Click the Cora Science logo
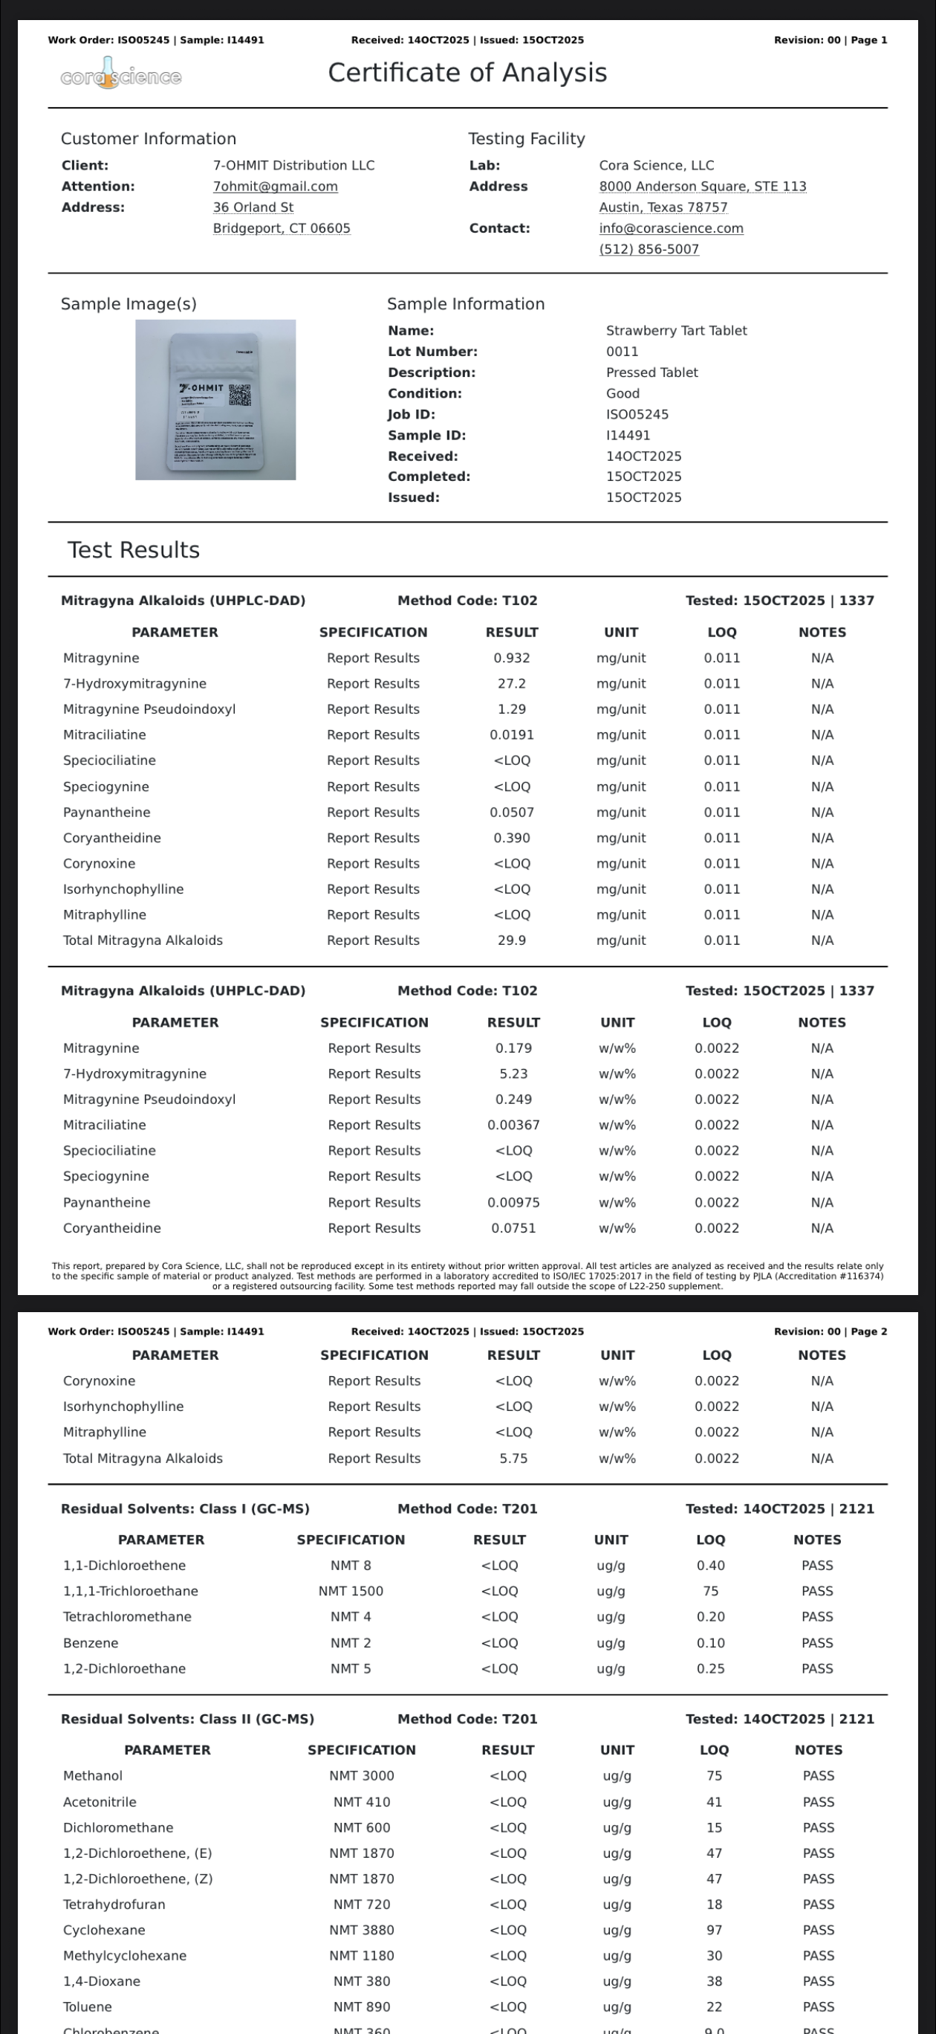(121, 76)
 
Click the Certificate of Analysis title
(467, 73)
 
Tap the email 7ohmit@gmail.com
(275, 187)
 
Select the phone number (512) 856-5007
(649, 250)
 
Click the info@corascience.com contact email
(671, 228)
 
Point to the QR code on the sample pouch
(240, 395)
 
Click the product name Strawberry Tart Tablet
(676, 331)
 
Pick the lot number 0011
(622, 352)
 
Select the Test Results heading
(134, 549)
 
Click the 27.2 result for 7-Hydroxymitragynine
(511, 684)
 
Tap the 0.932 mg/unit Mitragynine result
(511, 658)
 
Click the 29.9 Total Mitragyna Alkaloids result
(511, 940)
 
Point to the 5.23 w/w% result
(513, 1073)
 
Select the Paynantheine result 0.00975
(513, 1203)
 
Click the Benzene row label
(91, 1643)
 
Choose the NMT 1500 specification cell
(351, 1591)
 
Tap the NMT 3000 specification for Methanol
(362, 1776)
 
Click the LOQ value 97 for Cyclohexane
(714, 1930)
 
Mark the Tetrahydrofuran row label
(114, 1905)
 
